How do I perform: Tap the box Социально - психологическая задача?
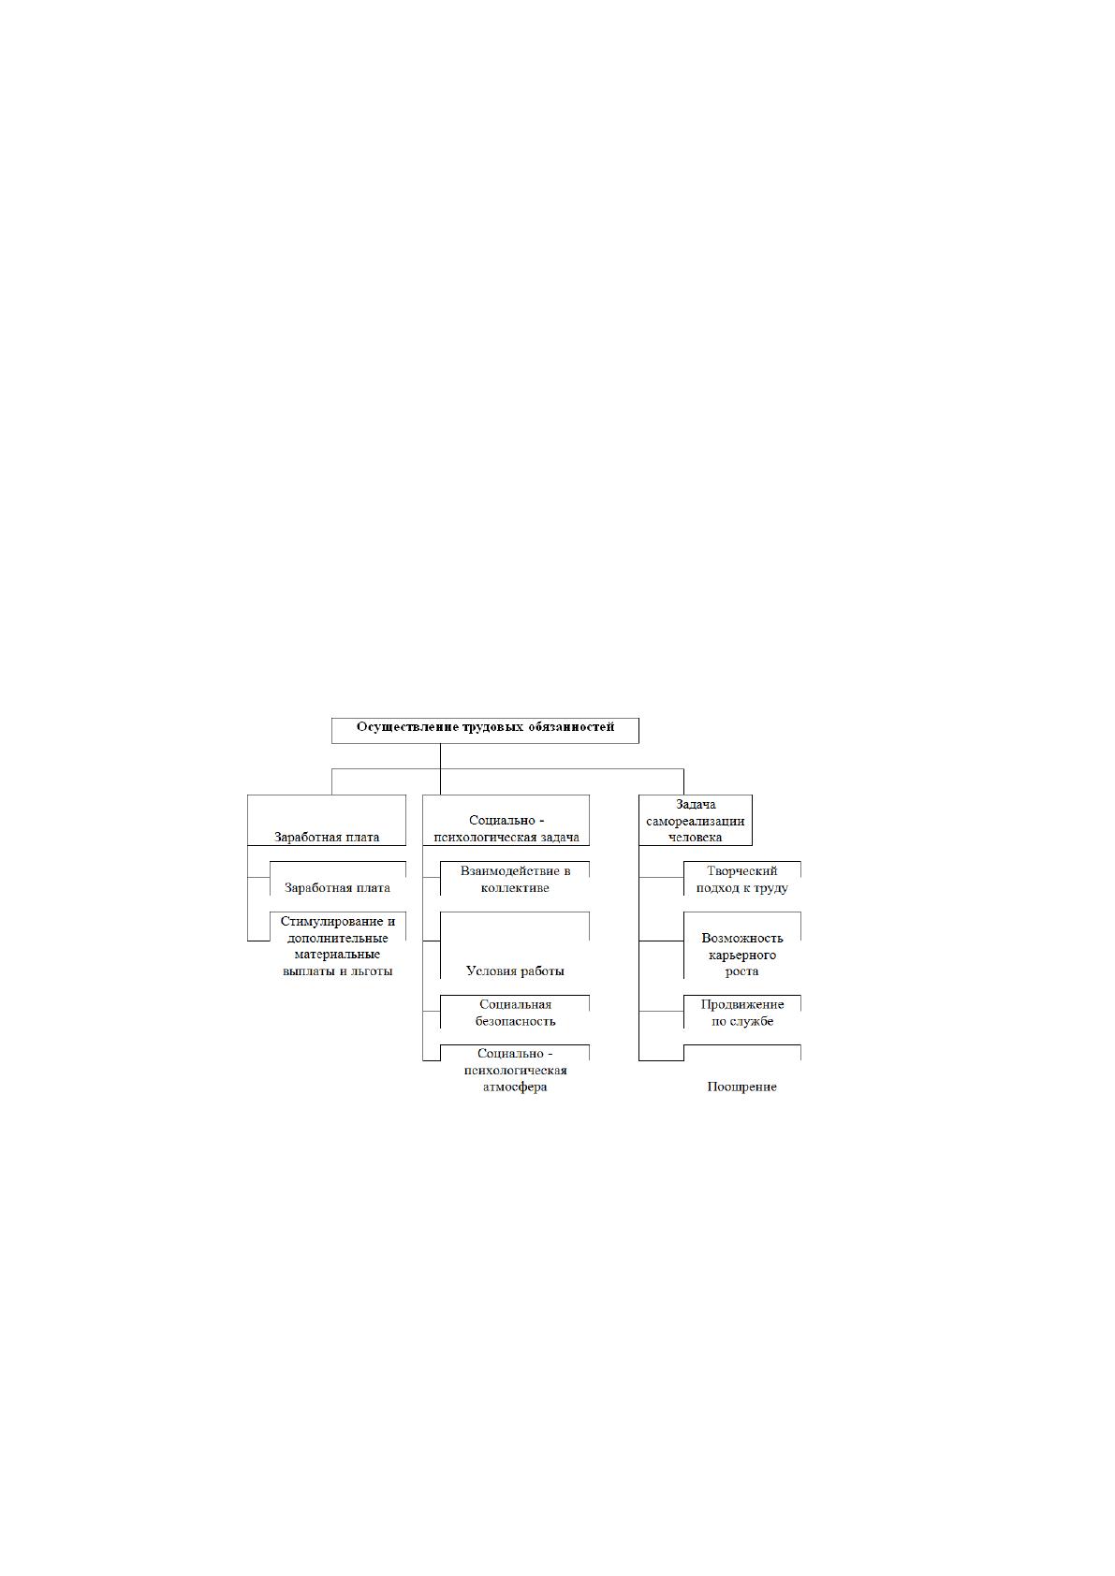(x=506, y=821)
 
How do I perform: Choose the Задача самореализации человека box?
(x=696, y=821)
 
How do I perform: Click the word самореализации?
(x=696, y=821)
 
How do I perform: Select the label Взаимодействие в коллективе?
(x=515, y=880)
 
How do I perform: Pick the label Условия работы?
(x=515, y=970)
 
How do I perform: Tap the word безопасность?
(x=515, y=1021)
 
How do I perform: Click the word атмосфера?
(x=515, y=1087)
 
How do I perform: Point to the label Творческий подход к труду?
(x=741, y=880)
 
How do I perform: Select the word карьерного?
(x=741, y=956)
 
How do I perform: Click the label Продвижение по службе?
(x=741, y=1013)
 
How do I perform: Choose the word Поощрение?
(x=741, y=1087)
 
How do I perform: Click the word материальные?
(x=337, y=955)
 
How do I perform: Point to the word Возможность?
(x=741, y=938)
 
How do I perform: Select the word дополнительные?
(x=337, y=939)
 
